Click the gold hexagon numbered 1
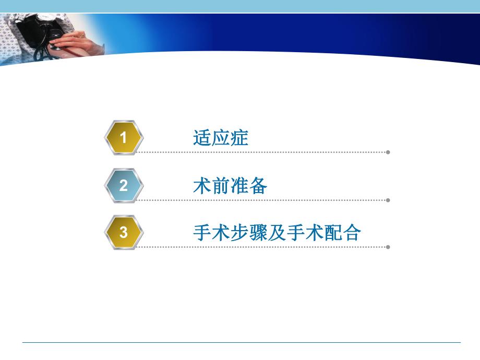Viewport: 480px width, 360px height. coord(124,138)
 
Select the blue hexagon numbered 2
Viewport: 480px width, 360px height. coord(124,185)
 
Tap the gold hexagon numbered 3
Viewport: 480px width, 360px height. coord(124,232)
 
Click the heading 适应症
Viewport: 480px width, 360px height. coord(220,138)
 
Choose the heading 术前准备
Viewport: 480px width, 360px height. coord(230,186)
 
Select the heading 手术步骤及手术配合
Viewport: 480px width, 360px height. coord(277,233)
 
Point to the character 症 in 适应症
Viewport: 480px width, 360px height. coord(239,138)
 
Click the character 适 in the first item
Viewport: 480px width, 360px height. coord(202,138)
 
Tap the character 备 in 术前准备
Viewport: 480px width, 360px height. coord(258,186)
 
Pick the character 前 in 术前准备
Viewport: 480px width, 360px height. coord(221,186)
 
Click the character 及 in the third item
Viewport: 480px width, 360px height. coord(277,233)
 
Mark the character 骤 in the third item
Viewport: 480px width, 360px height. coord(258,233)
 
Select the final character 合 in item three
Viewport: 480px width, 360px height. coord(352,233)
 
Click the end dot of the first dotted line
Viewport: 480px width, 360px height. coord(388,152)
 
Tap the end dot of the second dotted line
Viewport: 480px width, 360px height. coord(388,200)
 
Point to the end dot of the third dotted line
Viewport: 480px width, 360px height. coord(388,247)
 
